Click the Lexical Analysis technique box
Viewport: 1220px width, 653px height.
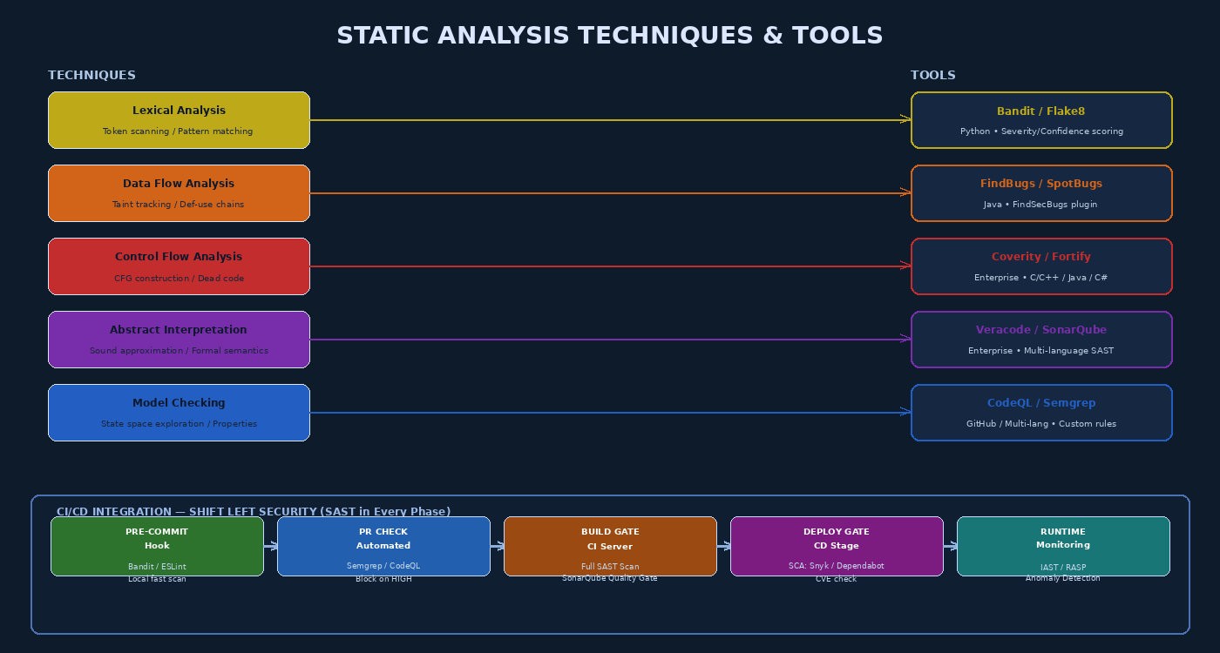pyautogui.click(x=179, y=120)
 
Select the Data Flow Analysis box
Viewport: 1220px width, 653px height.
pyautogui.click(x=179, y=193)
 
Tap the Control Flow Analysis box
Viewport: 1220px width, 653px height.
pyautogui.click(x=179, y=266)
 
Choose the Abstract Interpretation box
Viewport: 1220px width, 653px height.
pyautogui.click(x=179, y=340)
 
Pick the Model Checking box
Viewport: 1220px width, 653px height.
pyautogui.click(x=179, y=413)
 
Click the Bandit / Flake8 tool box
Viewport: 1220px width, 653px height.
pyautogui.click(x=1041, y=120)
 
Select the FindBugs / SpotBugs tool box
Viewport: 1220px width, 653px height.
pyautogui.click(x=1041, y=193)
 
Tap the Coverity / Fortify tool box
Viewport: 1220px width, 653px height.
pyautogui.click(x=1041, y=266)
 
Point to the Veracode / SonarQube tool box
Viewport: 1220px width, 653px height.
pyautogui.click(x=1041, y=340)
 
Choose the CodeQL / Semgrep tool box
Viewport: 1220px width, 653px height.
pyautogui.click(x=1041, y=413)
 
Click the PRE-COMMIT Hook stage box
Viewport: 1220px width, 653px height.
pyautogui.click(x=157, y=546)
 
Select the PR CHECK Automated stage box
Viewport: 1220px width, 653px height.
pyautogui.click(x=383, y=546)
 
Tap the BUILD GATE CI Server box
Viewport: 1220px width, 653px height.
pyautogui.click(x=610, y=546)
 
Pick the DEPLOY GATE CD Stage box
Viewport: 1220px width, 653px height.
pyautogui.click(x=837, y=546)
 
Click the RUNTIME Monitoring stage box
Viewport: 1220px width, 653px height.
pyautogui.click(x=1063, y=546)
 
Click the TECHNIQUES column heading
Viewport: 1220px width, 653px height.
pyautogui.click(x=91, y=76)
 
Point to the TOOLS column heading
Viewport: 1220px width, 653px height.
pyautogui.click(x=932, y=76)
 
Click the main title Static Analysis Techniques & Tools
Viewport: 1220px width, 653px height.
pyautogui.click(x=610, y=36)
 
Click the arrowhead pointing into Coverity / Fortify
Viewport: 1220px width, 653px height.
pyautogui.click(x=905, y=266)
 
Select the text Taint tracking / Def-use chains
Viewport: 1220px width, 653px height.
pyautogui.click(x=178, y=205)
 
